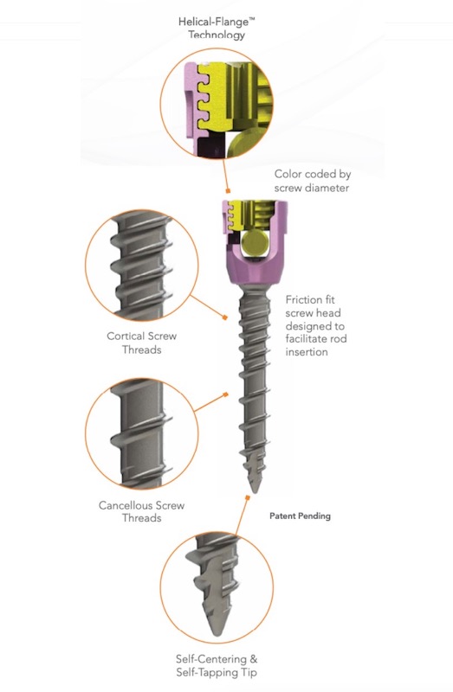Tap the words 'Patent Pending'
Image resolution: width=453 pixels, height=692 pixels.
pos(300,516)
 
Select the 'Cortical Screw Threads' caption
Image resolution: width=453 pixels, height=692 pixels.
pos(141,343)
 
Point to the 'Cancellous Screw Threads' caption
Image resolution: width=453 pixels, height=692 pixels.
pos(141,511)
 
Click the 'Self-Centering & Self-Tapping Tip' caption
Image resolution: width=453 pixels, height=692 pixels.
pos(217,665)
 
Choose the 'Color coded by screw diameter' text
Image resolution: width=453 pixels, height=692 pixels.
pos(313,181)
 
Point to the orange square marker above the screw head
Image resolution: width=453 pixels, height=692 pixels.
pos(228,190)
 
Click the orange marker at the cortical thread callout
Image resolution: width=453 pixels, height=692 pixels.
pos(224,317)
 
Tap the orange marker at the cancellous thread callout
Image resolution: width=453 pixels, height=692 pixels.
pos(226,394)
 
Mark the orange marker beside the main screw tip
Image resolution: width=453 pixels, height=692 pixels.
pos(248,498)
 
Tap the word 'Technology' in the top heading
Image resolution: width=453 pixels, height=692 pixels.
pos(217,35)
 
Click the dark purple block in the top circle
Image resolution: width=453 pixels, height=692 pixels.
pos(210,146)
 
